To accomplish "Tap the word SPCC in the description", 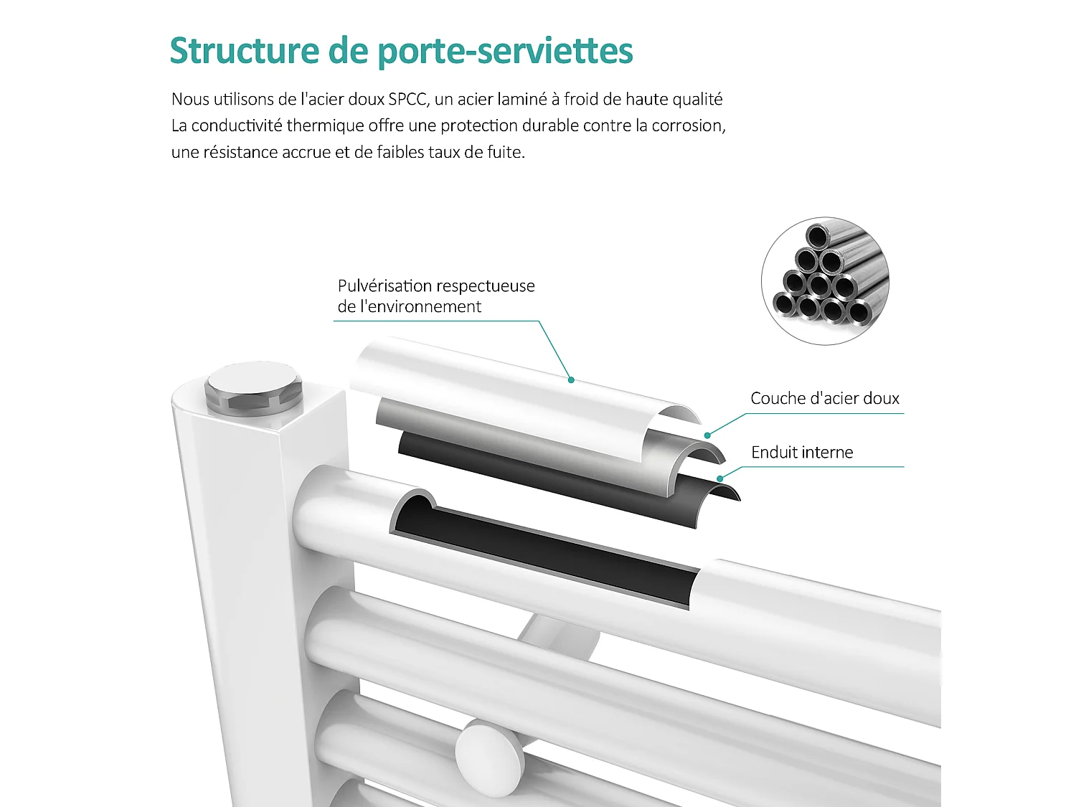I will pyautogui.click(x=408, y=99).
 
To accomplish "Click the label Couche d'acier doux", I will pyautogui.click(x=824, y=398).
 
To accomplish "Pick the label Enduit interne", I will pyautogui.click(x=802, y=452).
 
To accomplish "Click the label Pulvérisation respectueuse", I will pyautogui.click(x=436, y=285).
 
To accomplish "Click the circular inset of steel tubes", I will pyautogui.click(x=825, y=281).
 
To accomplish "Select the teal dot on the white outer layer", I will pyautogui.click(x=571, y=379).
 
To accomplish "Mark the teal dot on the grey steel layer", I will pyautogui.click(x=707, y=435).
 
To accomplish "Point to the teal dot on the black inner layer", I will pyautogui.click(x=719, y=478).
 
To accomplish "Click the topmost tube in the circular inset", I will pyautogui.click(x=818, y=236).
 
